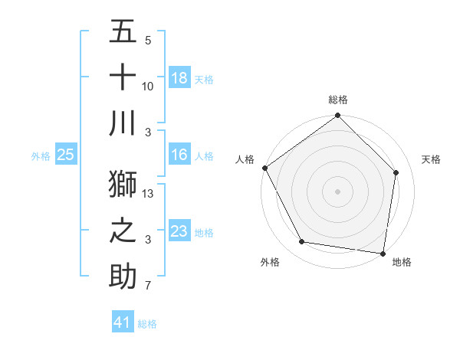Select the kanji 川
(123, 123)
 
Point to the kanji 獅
(123, 184)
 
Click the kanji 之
(123, 231)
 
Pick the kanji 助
(123, 277)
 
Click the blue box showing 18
(179, 78)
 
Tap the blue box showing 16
(179, 155)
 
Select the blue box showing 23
(179, 231)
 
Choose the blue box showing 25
(66, 155)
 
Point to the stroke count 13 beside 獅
(149, 194)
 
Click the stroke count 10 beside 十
(148, 87)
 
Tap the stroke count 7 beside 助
(147, 286)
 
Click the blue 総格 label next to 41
(147, 324)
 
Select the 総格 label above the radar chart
(337, 100)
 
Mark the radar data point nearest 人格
(265, 168)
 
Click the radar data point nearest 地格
(383, 253)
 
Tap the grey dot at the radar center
(337, 191)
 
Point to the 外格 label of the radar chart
(270, 262)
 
